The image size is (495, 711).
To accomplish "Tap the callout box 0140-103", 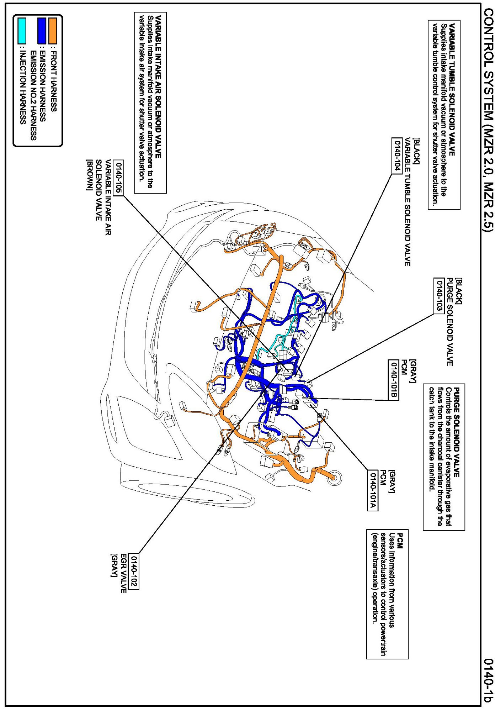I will tap(440, 296).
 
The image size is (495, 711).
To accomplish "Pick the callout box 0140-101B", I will tap(393, 380).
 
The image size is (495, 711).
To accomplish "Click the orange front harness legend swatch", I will tap(53, 31).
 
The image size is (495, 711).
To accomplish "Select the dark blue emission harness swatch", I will tap(42, 31).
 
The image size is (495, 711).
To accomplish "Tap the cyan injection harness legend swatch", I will tap(22, 31).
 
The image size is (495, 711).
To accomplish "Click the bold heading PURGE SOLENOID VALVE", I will tap(457, 432).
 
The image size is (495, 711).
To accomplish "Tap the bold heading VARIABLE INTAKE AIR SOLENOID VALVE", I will tap(158, 86).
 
